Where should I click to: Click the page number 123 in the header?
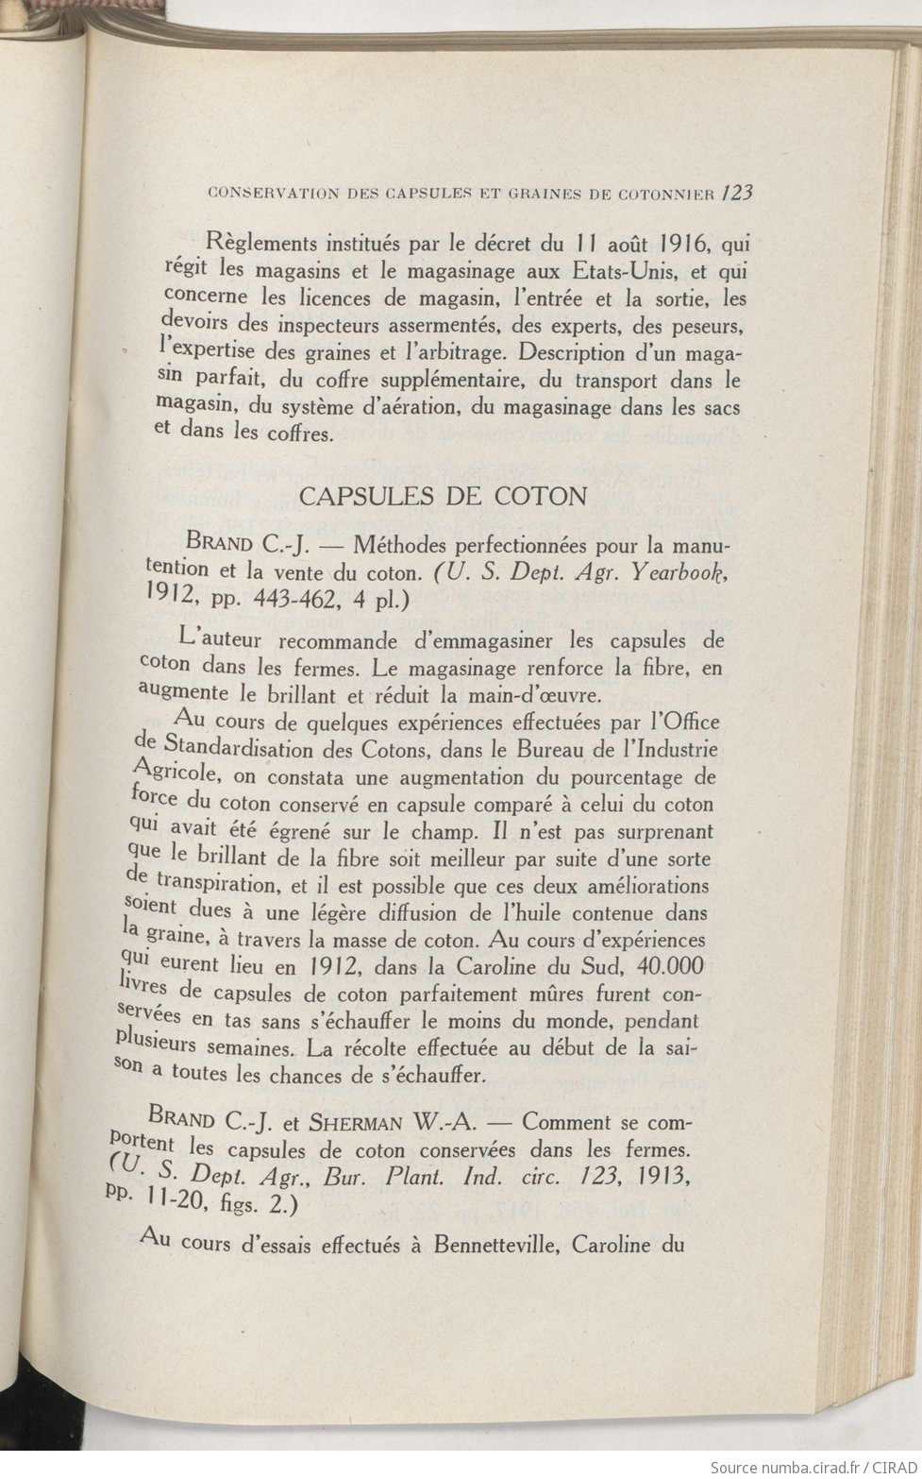(735, 193)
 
